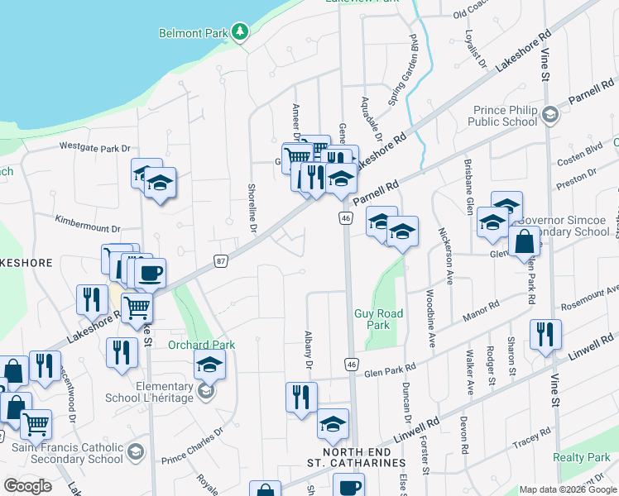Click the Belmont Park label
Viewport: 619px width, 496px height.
click(x=193, y=33)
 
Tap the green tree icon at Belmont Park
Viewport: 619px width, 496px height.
click(x=240, y=32)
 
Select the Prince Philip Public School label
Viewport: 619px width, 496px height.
click(x=506, y=116)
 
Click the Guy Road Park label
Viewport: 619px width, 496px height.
click(x=378, y=319)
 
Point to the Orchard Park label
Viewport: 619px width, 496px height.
click(x=202, y=345)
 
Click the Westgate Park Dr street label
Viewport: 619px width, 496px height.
click(x=96, y=147)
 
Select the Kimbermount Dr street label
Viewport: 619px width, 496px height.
click(x=88, y=222)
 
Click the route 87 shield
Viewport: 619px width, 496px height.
click(x=220, y=260)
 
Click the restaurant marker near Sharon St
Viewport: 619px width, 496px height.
click(x=545, y=334)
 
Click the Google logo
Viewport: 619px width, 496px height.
click(x=27, y=486)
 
